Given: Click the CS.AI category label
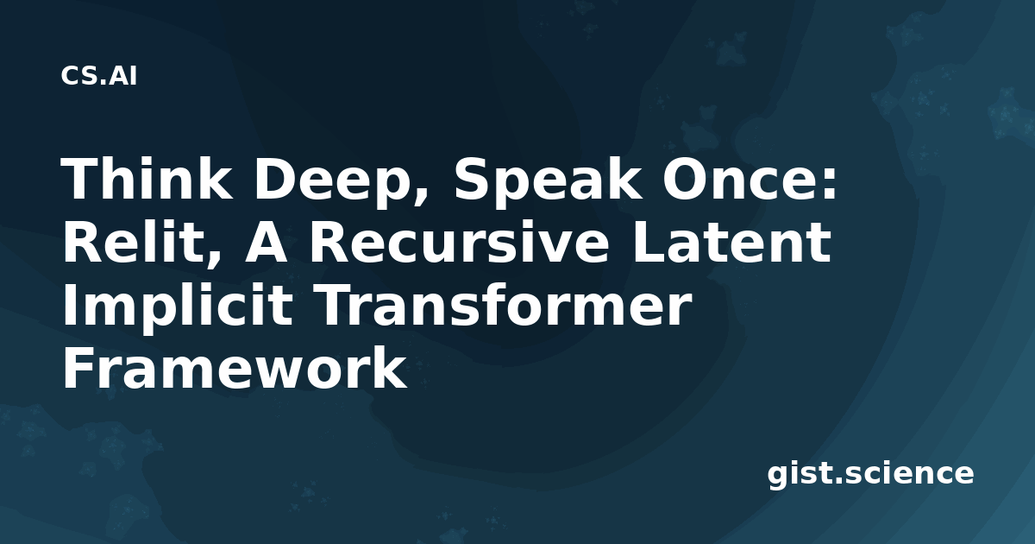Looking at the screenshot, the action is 99,76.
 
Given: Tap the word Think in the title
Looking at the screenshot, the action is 147,179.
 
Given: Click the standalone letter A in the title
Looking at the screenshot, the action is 266,243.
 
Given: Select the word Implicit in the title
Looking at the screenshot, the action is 178,306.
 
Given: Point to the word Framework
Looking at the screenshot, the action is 235,368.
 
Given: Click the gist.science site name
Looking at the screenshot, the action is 870,475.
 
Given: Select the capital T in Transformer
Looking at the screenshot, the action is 336,306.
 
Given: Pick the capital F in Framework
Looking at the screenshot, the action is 79,368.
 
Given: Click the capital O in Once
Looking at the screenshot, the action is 685,180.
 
